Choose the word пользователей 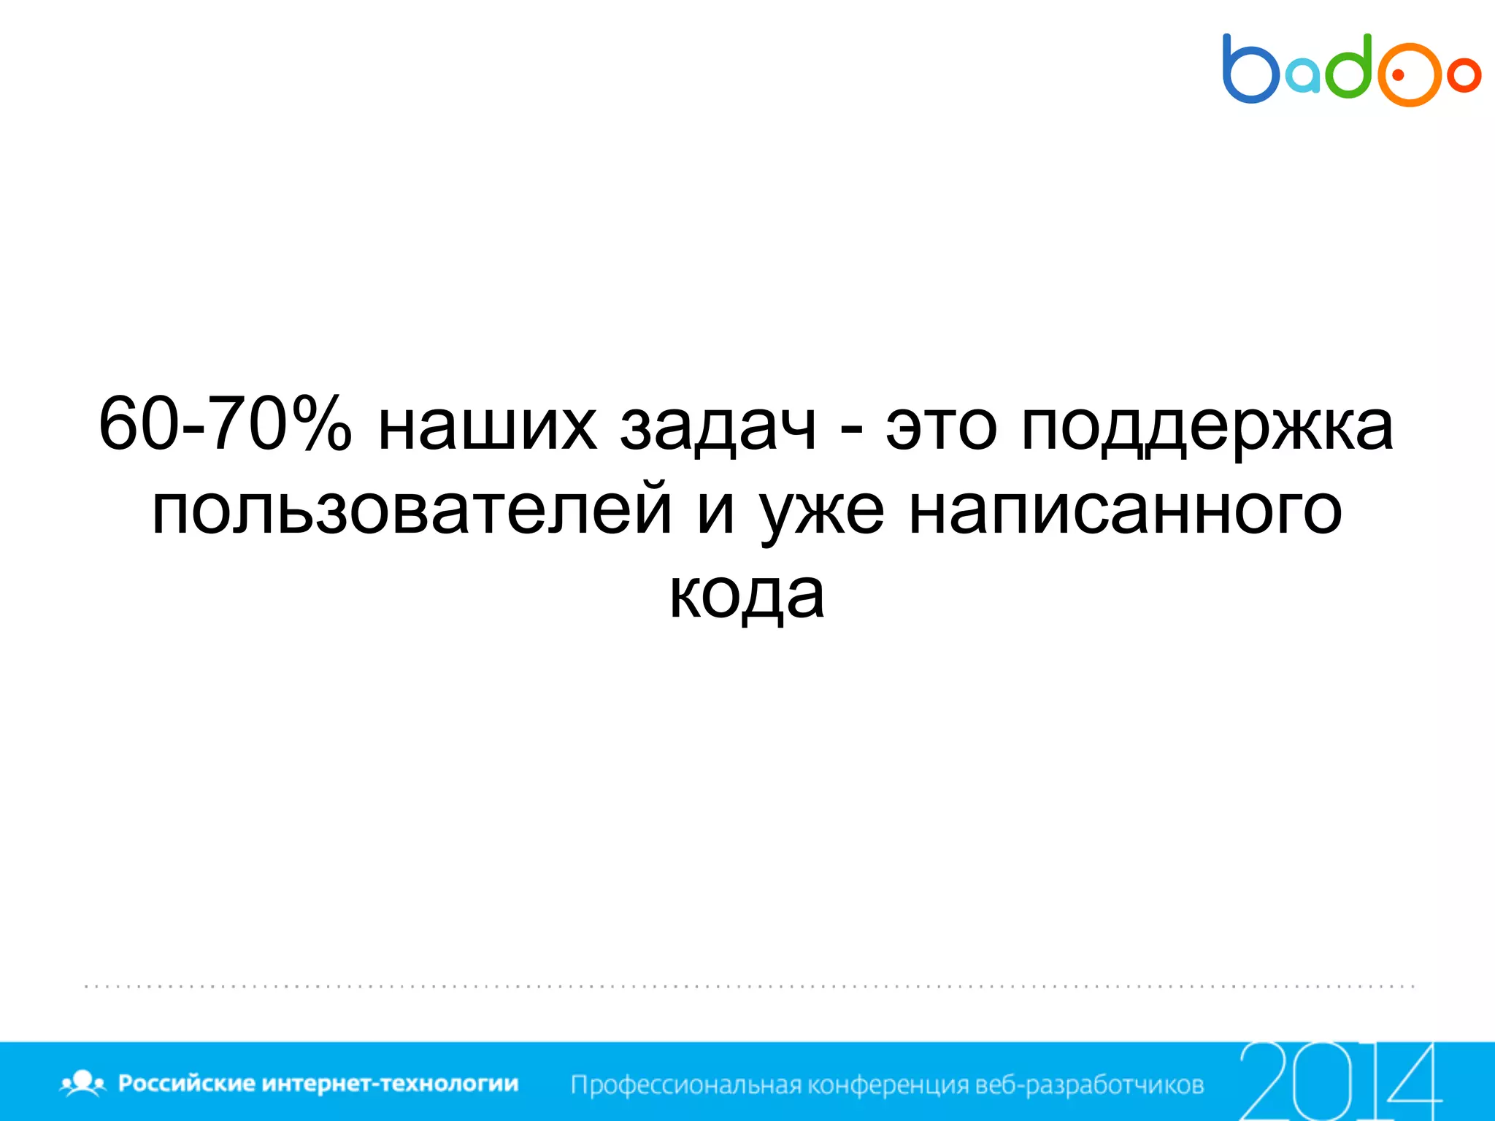tap(411, 511)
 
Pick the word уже tap(822, 513)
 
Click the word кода tap(747, 596)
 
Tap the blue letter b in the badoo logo tap(1249, 70)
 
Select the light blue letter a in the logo tap(1302, 77)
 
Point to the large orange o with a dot tap(1408, 75)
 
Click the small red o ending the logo tap(1463, 75)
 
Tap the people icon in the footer tap(83, 1083)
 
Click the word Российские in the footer tap(185, 1083)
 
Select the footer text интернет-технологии tap(390, 1083)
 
